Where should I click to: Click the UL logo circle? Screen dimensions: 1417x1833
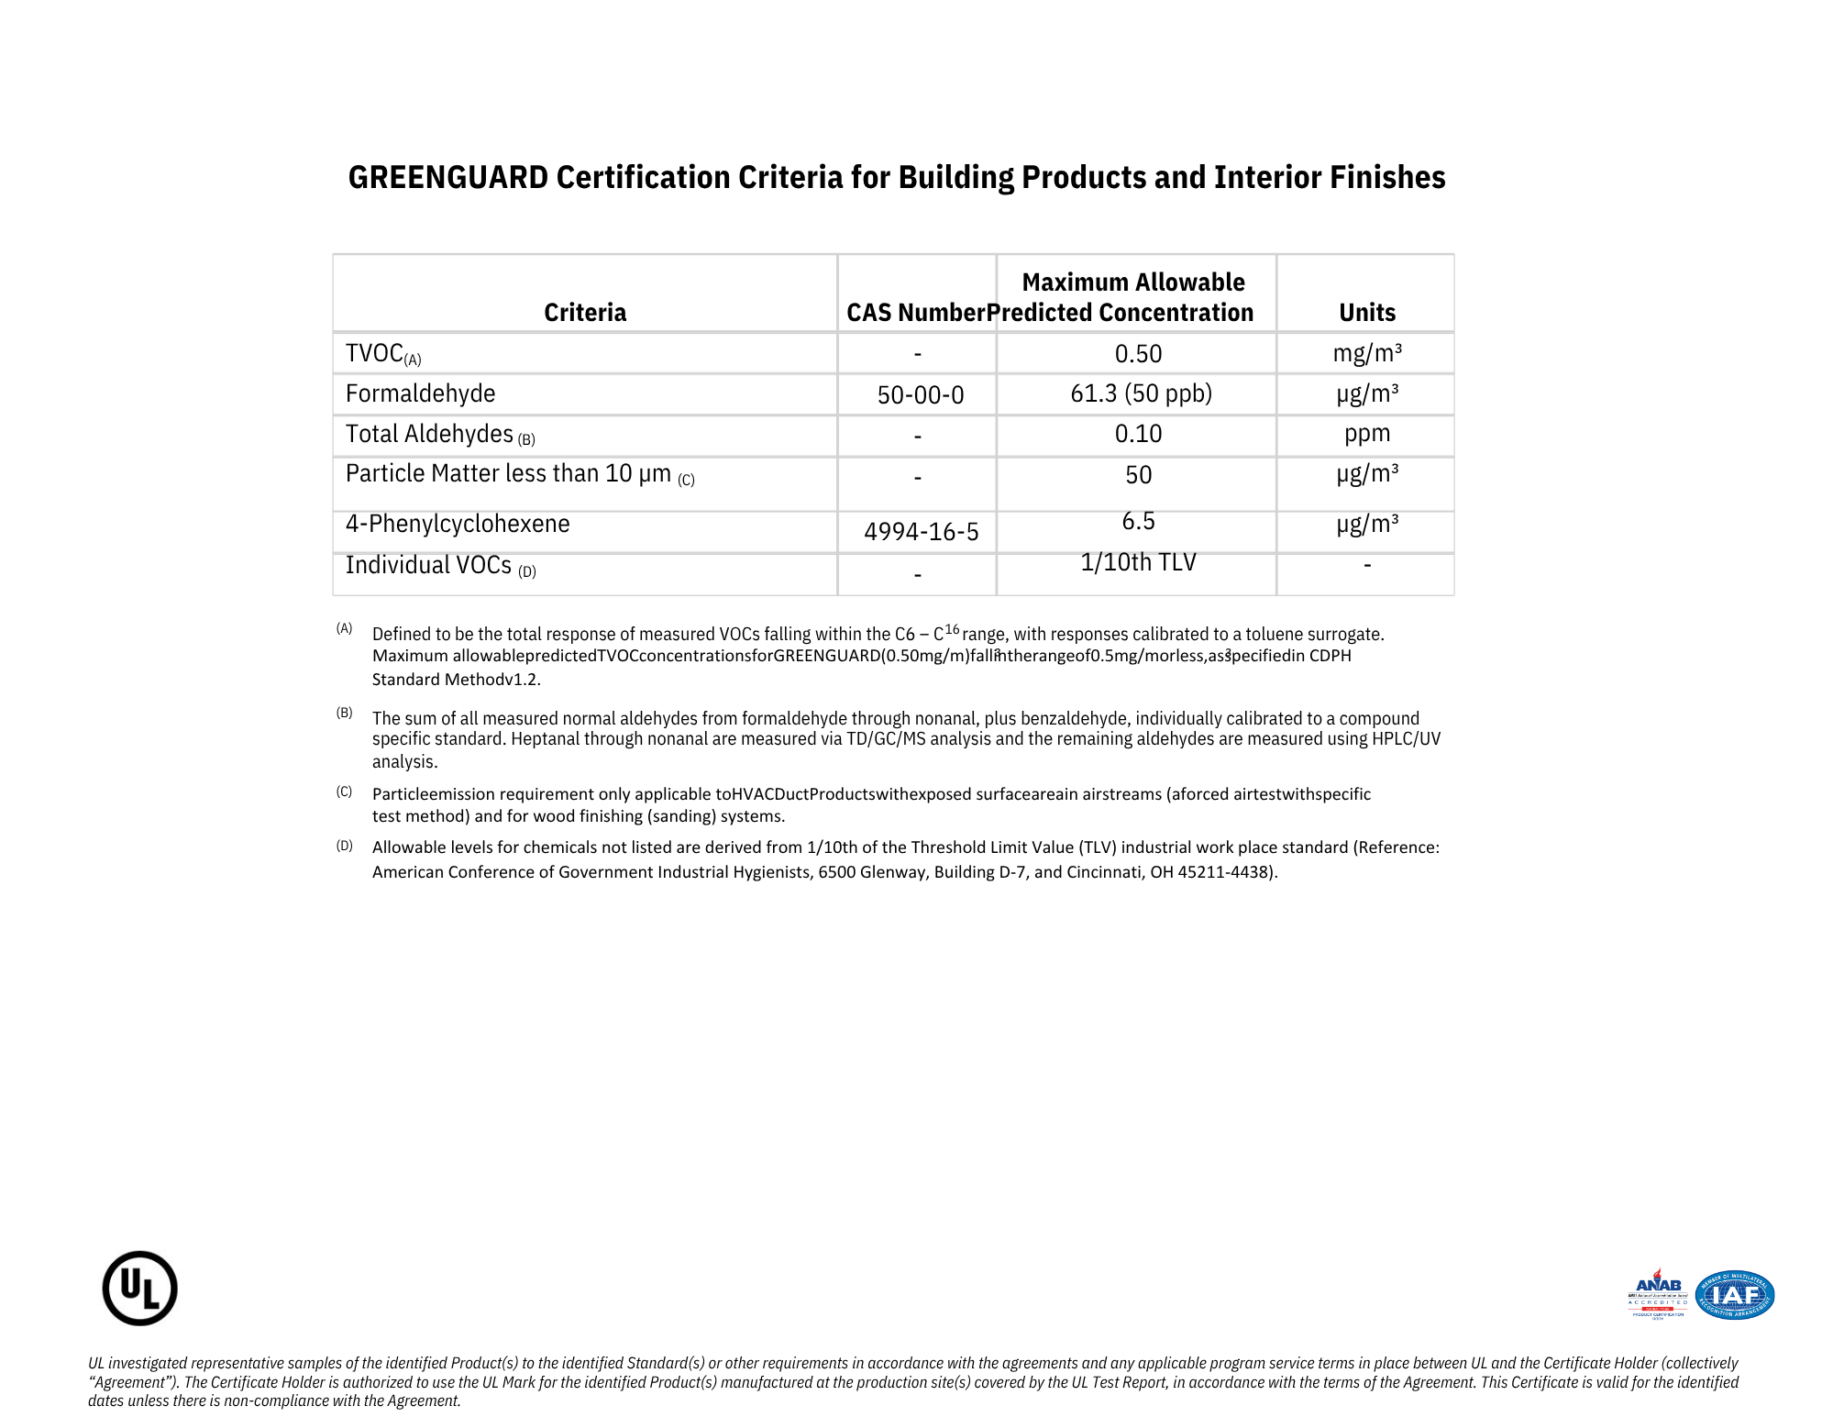point(139,1288)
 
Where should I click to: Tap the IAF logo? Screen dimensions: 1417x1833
point(1735,1294)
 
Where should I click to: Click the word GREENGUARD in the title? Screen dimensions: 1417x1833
point(447,177)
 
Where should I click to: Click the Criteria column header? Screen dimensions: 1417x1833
point(585,313)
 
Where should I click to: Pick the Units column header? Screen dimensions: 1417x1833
point(1366,313)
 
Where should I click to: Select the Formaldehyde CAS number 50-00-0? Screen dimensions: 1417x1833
point(920,395)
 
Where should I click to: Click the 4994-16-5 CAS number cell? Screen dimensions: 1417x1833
point(921,532)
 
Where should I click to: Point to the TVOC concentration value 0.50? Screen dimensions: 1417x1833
point(1138,354)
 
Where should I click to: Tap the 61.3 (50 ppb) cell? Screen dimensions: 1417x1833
point(1141,393)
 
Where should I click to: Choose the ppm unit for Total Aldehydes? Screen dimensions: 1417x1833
point(1366,433)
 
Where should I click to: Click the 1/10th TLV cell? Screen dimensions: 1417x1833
point(1138,562)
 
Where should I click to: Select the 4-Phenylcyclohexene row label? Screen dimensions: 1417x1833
point(458,524)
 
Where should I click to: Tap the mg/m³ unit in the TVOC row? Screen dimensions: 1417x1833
point(1366,353)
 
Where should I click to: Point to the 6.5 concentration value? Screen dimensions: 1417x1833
point(1138,521)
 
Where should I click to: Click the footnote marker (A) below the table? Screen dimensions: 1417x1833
point(344,628)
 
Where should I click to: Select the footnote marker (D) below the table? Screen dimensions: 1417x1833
point(344,846)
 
